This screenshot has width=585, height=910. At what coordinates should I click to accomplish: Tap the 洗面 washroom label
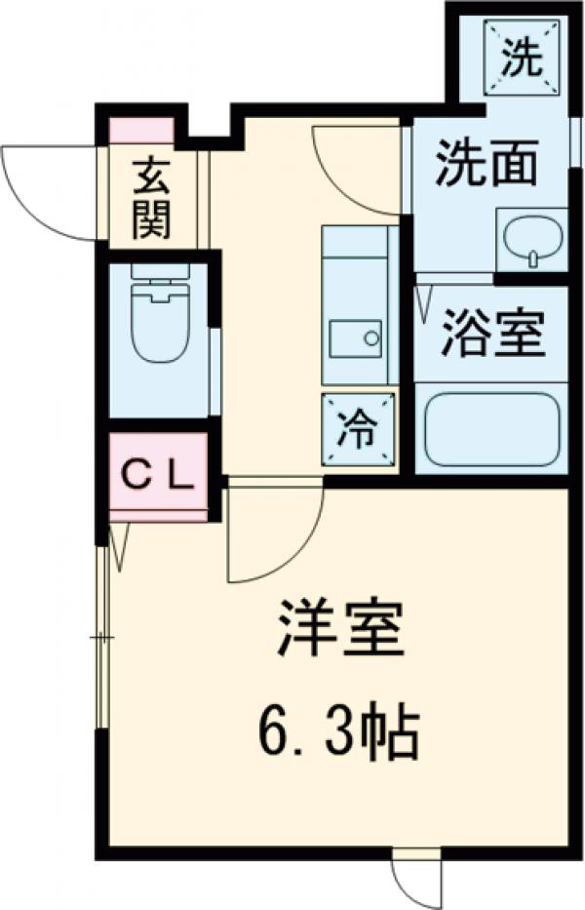pos(487,164)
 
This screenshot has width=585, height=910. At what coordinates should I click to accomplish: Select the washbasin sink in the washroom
pos(530,237)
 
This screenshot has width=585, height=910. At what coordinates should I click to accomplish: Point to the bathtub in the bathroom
pos(491,429)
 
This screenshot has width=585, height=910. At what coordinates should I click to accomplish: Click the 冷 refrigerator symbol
pos(360,428)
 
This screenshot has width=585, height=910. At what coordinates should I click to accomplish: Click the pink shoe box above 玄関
pos(140,130)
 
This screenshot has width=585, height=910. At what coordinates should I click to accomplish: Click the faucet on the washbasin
pos(532,257)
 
